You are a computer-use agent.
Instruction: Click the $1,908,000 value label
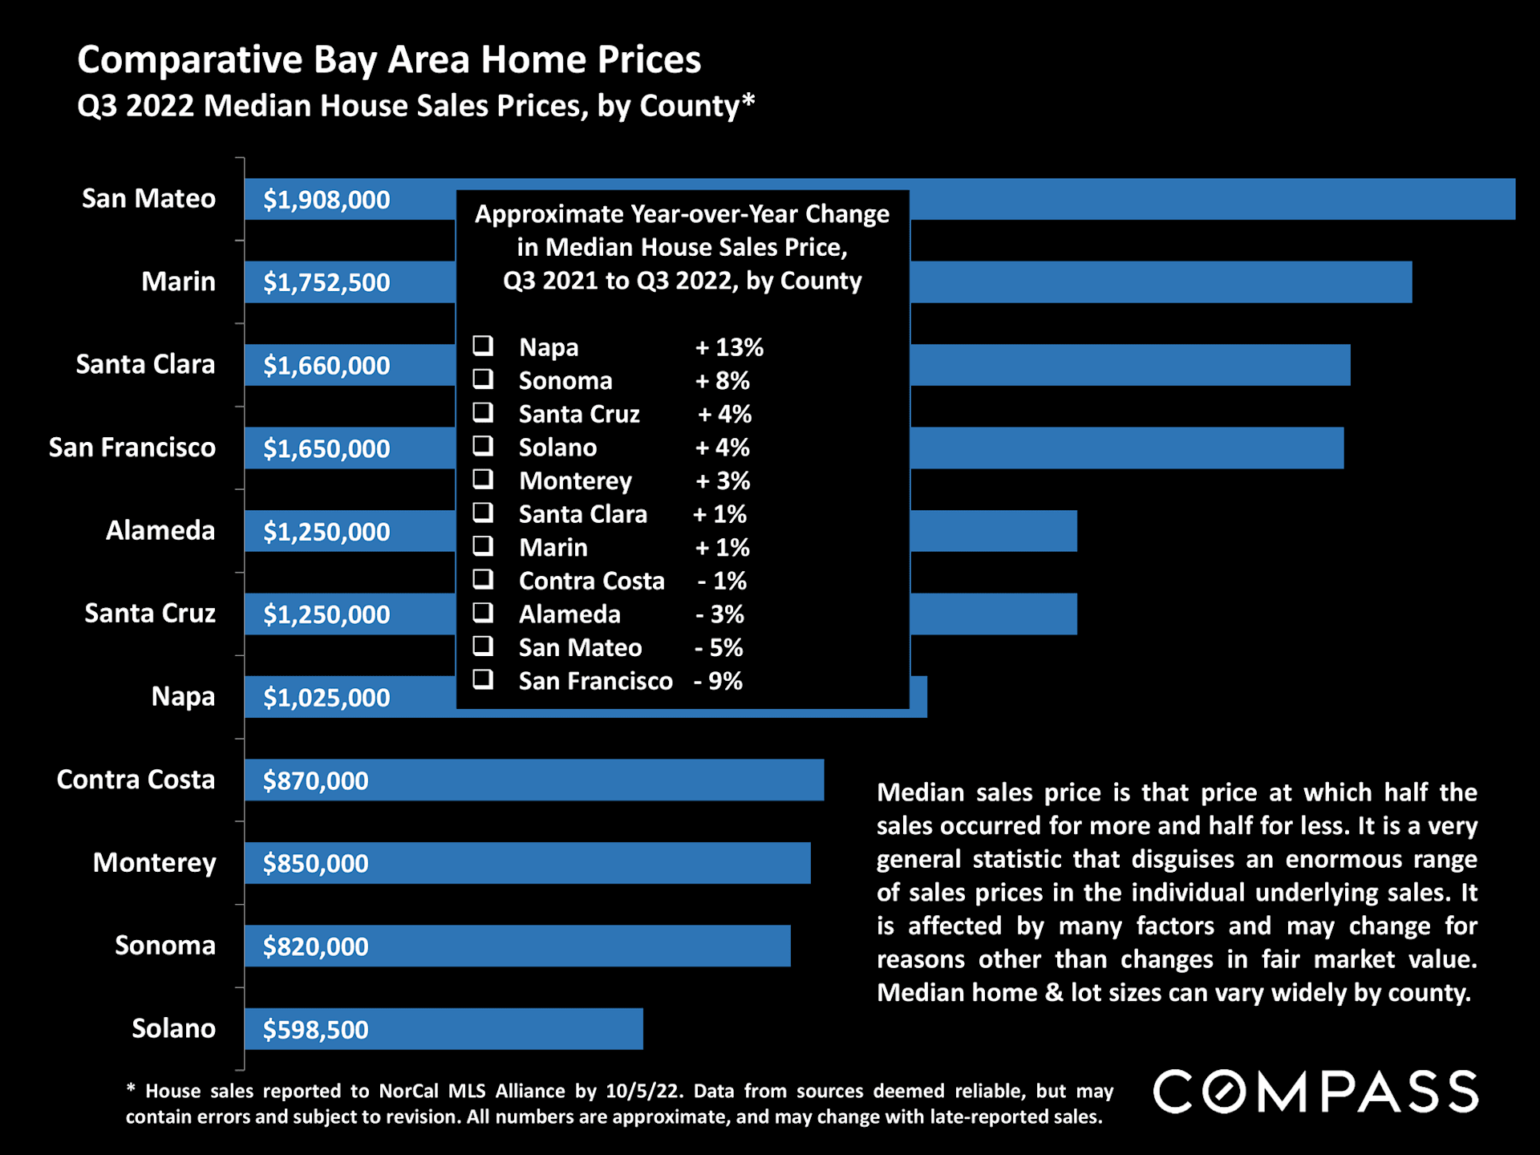coord(326,200)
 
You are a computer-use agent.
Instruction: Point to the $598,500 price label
coord(316,1030)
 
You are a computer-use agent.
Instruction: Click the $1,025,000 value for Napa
coord(326,698)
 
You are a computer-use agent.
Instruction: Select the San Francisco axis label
coord(132,448)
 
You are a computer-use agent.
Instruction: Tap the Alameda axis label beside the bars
coord(160,530)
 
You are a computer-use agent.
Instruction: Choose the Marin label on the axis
coord(178,282)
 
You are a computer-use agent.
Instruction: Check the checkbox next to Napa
coord(483,346)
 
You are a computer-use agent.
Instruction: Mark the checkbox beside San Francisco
coord(483,680)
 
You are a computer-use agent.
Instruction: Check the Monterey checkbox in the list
coord(483,480)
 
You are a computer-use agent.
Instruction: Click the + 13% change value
coord(729,347)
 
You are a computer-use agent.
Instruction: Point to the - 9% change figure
coord(719,681)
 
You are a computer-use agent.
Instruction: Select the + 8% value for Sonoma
coord(723,381)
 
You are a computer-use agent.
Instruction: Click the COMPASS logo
coord(1315,1092)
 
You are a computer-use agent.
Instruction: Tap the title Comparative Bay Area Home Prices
coord(389,60)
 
